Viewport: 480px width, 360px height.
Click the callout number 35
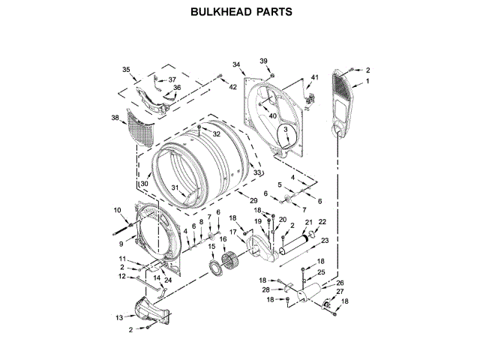click(x=126, y=70)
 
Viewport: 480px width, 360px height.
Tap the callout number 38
click(x=115, y=118)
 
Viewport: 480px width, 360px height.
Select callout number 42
click(x=232, y=87)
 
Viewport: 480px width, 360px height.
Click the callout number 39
click(x=263, y=61)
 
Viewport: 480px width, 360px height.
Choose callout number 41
click(x=315, y=78)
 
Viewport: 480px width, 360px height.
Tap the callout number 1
click(x=367, y=82)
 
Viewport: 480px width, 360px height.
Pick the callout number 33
click(x=257, y=173)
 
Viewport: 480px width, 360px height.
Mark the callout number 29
click(x=253, y=200)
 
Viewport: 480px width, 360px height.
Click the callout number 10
click(x=116, y=209)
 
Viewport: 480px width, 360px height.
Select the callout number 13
click(x=118, y=318)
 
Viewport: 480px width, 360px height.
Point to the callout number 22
click(x=322, y=222)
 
